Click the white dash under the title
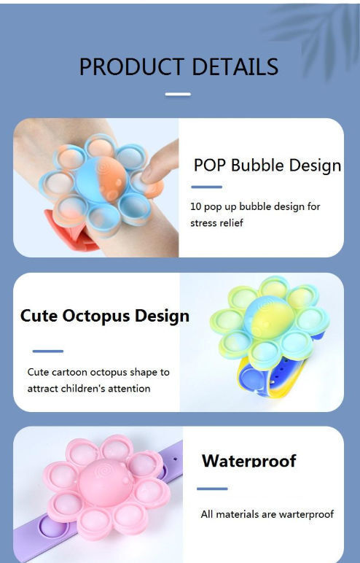click(178, 94)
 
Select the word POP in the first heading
click(210, 165)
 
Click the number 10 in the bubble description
click(196, 206)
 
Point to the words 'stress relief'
click(216, 223)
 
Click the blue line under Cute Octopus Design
click(47, 352)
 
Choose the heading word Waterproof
click(249, 461)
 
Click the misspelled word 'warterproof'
click(302, 514)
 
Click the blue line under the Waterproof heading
click(212, 489)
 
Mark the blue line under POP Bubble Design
click(206, 187)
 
